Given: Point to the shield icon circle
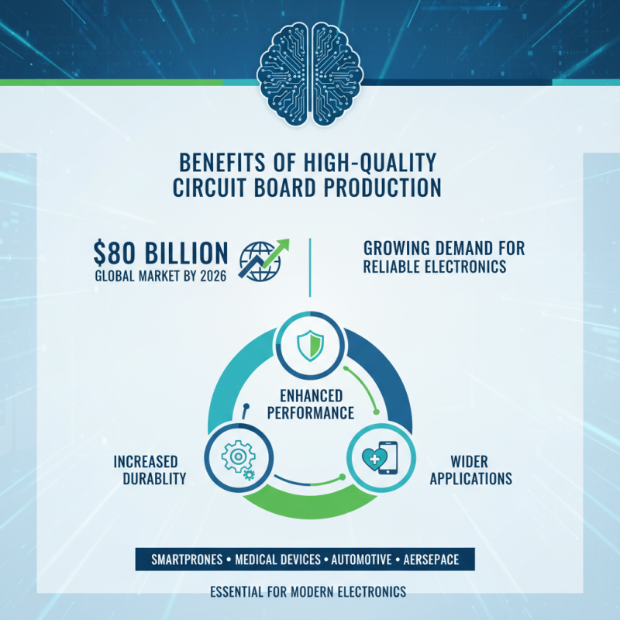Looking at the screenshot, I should [x=309, y=344].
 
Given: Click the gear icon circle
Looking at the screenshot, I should [x=234, y=457].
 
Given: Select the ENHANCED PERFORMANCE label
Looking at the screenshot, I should [x=310, y=405].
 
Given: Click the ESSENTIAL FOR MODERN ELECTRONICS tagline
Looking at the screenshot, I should [x=308, y=591].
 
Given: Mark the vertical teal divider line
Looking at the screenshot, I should [x=310, y=267].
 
